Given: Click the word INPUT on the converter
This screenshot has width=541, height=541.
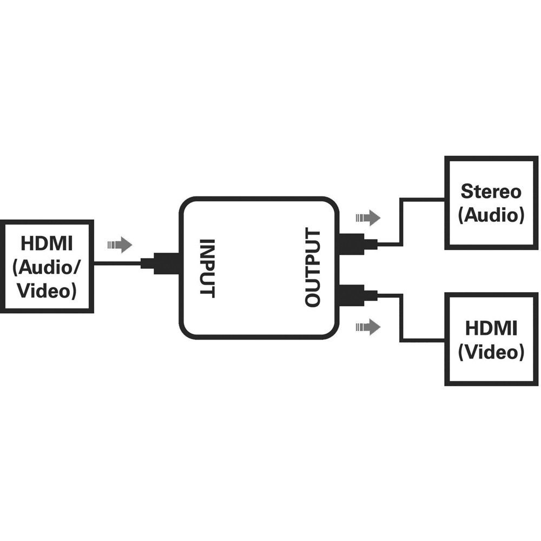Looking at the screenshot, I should pyautogui.click(x=208, y=268).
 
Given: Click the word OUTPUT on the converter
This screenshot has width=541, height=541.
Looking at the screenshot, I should pyautogui.click(x=313, y=268).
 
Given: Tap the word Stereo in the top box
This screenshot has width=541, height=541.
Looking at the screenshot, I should pyautogui.click(x=491, y=191).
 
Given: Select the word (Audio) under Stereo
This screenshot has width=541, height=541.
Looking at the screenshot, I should pyautogui.click(x=491, y=215).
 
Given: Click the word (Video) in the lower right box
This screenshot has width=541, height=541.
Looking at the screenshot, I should pyautogui.click(x=491, y=352).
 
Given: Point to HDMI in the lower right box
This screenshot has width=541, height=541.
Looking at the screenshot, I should pyautogui.click(x=491, y=328).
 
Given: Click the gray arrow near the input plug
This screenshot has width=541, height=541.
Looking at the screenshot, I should pyautogui.click(x=120, y=245).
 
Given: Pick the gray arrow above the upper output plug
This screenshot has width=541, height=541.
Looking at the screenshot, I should pyautogui.click(x=368, y=218).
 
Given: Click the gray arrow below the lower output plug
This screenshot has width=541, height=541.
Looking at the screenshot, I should pyautogui.click(x=368, y=326).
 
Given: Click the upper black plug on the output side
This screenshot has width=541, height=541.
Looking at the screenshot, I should pyautogui.click(x=357, y=245).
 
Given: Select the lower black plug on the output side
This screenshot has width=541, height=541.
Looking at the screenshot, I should pyautogui.click(x=357, y=295).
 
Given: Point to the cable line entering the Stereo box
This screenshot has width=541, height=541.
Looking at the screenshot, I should pyautogui.click(x=422, y=199).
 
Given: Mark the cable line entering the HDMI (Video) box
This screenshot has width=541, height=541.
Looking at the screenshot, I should pyautogui.click(x=422, y=341).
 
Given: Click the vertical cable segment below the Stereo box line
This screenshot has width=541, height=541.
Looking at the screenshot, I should pyautogui.click(x=400, y=222).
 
